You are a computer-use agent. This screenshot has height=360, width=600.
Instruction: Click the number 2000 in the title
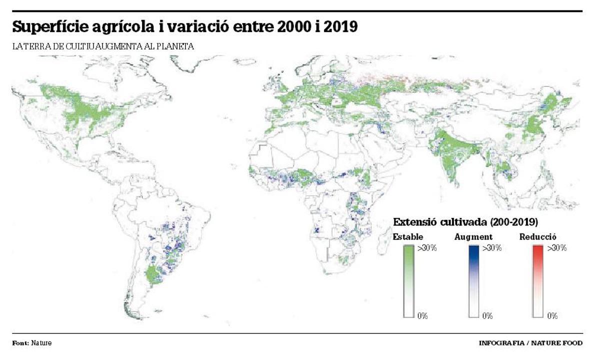click(x=296, y=27)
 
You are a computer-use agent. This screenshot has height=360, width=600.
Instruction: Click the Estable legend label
click(x=408, y=237)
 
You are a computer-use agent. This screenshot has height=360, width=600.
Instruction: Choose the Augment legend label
click(x=473, y=237)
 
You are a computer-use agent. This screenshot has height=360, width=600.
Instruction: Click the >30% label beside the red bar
click(x=557, y=248)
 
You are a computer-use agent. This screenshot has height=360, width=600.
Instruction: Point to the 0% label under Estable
click(x=422, y=316)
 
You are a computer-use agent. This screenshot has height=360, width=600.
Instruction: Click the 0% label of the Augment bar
click(x=487, y=316)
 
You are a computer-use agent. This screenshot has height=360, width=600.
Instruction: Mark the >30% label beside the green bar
click(x=427, y=248)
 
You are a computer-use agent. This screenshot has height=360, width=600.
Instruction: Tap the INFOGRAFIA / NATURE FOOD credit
click(x=530, y=343)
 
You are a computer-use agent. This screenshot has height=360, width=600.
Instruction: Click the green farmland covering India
click(x=452, y=155)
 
